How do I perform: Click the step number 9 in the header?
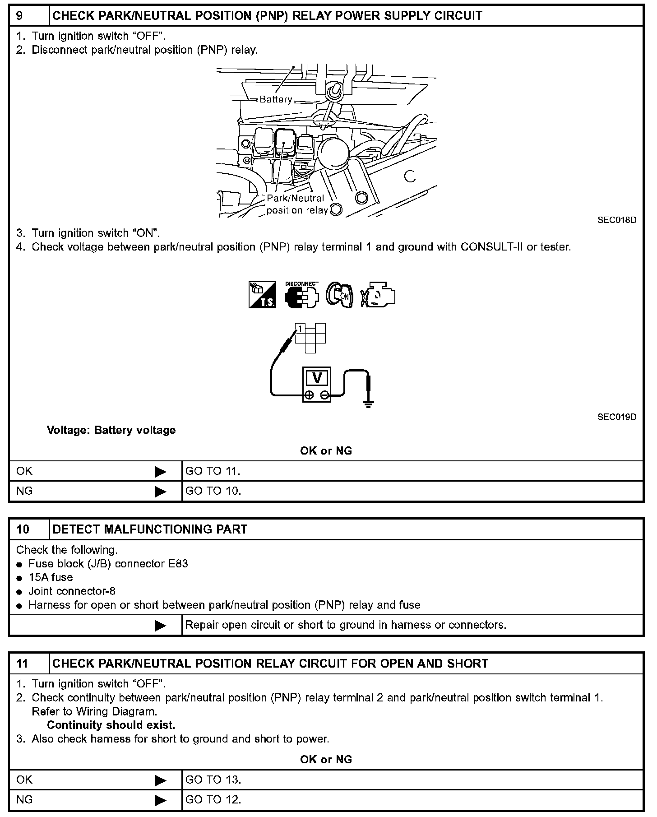(20, 16)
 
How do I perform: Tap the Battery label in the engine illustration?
(276, 99)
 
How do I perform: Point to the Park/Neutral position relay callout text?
(296, 204)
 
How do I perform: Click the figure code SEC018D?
(616, 220)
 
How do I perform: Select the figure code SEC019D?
(616, 417)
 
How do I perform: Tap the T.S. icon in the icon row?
(262, 295)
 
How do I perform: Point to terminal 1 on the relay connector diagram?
(300, 329)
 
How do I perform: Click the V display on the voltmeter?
(317, 377)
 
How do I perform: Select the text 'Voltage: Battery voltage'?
(111, 430)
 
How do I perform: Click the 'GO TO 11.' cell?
(213, 471)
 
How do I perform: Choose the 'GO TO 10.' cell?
(213, 491)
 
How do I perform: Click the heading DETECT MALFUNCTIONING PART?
(150, 529)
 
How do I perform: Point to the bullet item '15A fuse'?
(51, 577)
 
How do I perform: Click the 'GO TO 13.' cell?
(213, 780)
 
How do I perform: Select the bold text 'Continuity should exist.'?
(111, 725)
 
